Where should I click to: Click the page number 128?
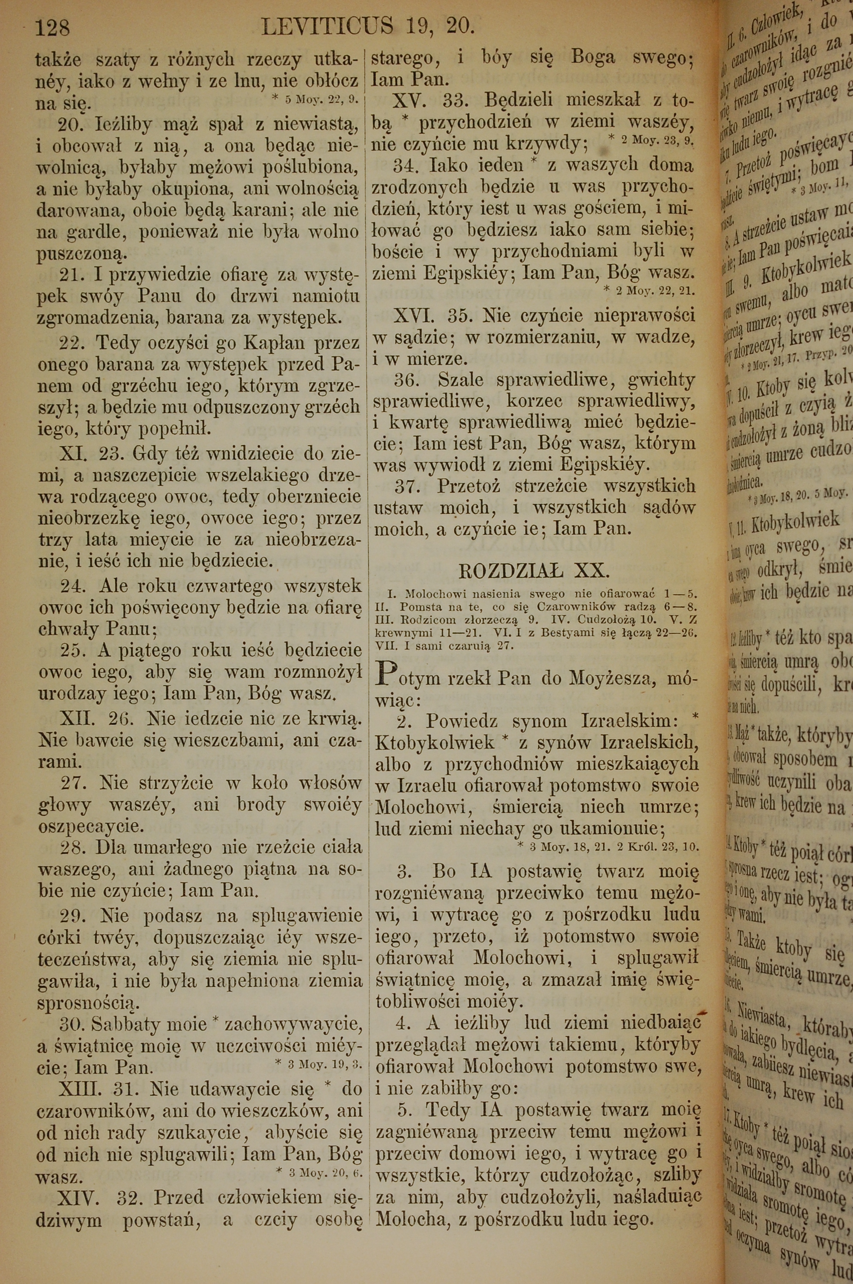click(52, 26)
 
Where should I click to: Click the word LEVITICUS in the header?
click(327, 26)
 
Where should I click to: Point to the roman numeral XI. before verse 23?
click(73, 453)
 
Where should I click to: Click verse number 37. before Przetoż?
click(407, 485)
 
